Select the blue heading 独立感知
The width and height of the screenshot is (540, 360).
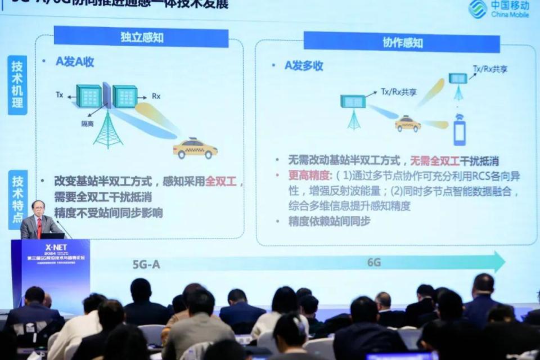pyautogui.click(x=141, y=37)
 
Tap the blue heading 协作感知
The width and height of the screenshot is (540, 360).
pyautogui.click(x=402, y=42)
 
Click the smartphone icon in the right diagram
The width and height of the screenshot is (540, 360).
pyautogui.click(x=460, y=130)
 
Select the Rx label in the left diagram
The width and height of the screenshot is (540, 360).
pyautogui.click(x=156, y=96)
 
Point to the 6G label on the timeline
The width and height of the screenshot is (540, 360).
pyautogui.click(x=374, y=262)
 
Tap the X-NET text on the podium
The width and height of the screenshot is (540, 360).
pyautogui.click(x=56, y=247)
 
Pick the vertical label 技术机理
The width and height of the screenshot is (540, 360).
pyautogui.click(x=17, y=85)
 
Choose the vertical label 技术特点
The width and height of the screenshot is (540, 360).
pyautogui.click(x=17, y=200)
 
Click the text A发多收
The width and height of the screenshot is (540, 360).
pyautogui.click(x=304, y=66)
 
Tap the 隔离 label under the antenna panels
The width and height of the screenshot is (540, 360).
pyautogui.click(x=87, y=124)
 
